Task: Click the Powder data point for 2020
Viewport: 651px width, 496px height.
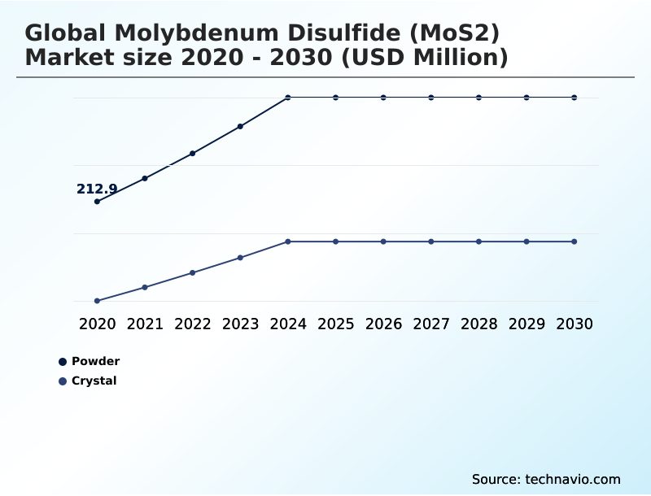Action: tap(98, 202)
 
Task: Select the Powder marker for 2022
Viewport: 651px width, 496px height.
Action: tap(193, 153)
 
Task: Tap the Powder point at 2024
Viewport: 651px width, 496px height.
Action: tap(288, 98)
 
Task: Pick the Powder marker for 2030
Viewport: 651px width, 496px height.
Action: tap(575, 98)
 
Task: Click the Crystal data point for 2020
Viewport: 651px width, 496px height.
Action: tap(98, 301)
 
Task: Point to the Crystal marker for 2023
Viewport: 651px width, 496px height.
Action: tap(240, 258)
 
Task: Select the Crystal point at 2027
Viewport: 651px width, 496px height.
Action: tap(431, 241)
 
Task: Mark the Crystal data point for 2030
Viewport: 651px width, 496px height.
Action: tap(575, 241)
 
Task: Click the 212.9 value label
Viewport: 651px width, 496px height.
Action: tap(97, 189)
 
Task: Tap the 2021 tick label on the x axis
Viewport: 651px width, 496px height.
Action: tap(145, 324)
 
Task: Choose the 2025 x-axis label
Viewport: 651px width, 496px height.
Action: tap(335, 324)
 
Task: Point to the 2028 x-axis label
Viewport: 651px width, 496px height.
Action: tap(478, 324)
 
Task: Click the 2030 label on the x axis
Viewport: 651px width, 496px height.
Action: tap(575, 324)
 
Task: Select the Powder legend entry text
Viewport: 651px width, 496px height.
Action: tap(95, 361)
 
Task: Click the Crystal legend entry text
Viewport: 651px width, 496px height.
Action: tap(94, 381)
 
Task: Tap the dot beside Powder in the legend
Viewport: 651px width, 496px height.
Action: tap(63, 362)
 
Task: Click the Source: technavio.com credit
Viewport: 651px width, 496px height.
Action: tap(546, 479)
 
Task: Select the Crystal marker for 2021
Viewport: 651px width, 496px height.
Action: tap(145, 287)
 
